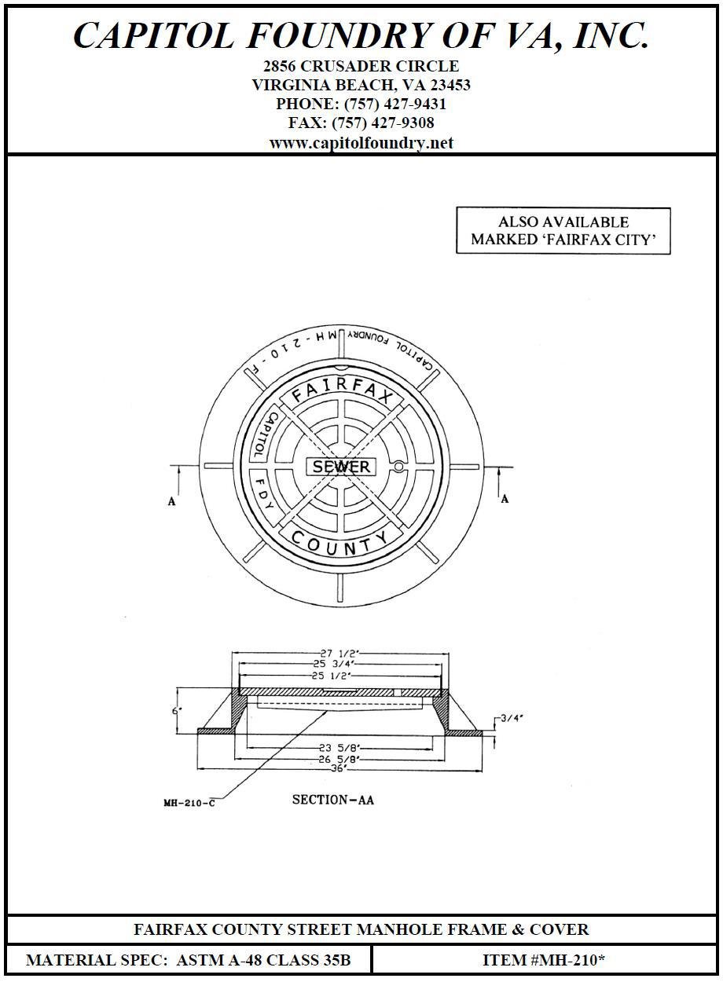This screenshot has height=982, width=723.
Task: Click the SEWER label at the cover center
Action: coord(341,467)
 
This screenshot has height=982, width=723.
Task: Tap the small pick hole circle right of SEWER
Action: coord(398,467)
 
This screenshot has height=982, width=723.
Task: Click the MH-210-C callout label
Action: coord(189,803)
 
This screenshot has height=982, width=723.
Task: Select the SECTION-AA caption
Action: coord(333,800)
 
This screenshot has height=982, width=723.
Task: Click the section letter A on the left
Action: coord(172,501)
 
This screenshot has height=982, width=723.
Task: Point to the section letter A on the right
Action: coord(505,499)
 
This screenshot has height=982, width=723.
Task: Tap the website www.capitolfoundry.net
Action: coord(361,143)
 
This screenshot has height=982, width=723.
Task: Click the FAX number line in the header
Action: coord(361,123)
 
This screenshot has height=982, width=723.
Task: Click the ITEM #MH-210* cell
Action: coord(544,960)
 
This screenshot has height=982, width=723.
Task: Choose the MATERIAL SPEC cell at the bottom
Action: coord(189,960)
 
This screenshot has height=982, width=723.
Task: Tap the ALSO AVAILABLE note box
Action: coord(563,231)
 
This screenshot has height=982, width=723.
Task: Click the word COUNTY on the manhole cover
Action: coord(339,544)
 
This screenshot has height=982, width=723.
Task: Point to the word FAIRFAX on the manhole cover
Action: coord(342,390)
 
